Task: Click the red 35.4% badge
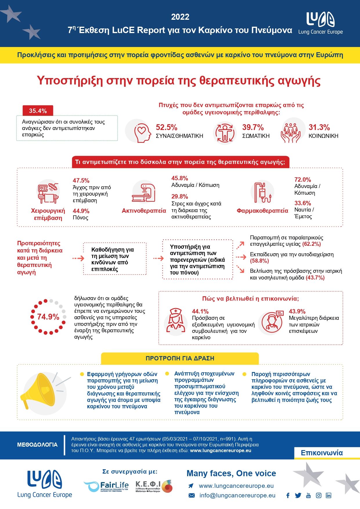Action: pos(38,111)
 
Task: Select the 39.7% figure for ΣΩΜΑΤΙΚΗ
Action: pos(253,127)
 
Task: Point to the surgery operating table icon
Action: pos(48,193)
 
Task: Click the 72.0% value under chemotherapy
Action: pos(303,180)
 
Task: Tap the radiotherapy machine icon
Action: pos(144,192)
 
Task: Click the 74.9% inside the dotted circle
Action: pos(48,317)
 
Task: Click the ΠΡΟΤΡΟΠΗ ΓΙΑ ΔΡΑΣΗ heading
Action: pos(180,358)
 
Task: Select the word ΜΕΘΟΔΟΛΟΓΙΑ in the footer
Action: pos(37,445)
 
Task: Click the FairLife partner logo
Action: pos(106,486)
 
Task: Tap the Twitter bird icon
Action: pos(298,495)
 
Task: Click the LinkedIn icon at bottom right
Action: pos(328,495)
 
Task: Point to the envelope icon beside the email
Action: pos(192,495)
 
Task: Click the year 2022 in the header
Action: pos(180,17)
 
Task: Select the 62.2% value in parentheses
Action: pos(312,244)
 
